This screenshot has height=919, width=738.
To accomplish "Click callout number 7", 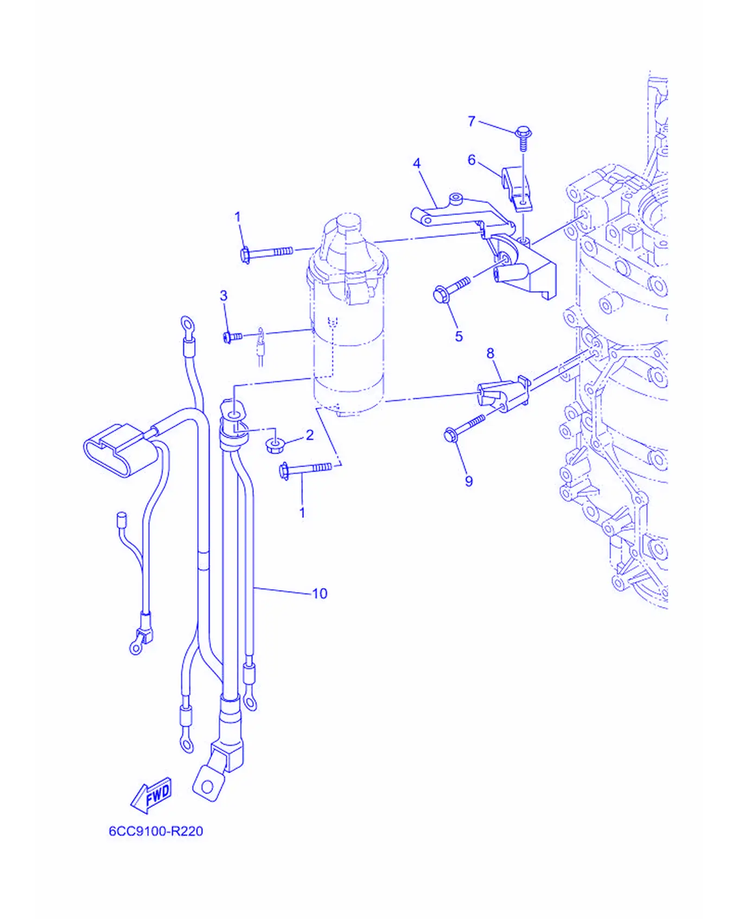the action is pyautogui.click(x=472, y=121).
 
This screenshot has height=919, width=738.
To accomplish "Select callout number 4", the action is pyautogui.click(x=417, y=163).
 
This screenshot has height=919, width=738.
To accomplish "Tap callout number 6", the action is pyautogui.click(x=472, y=160).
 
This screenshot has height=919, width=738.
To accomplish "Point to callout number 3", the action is pyautogui.click(x=224, y=296).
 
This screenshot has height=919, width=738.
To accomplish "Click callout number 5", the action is pyautogui.click(x=459, y=336).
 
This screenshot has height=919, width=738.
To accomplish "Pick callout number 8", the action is pyautogui.click(x=491, y=354).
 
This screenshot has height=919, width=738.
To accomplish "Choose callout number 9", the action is pyautogui.click(x=469, y=481).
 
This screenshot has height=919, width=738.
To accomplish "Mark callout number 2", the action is pyautogui.click(x=310, y=435).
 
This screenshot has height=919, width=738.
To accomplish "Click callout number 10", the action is pyautogui.click(x=320, y=593).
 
